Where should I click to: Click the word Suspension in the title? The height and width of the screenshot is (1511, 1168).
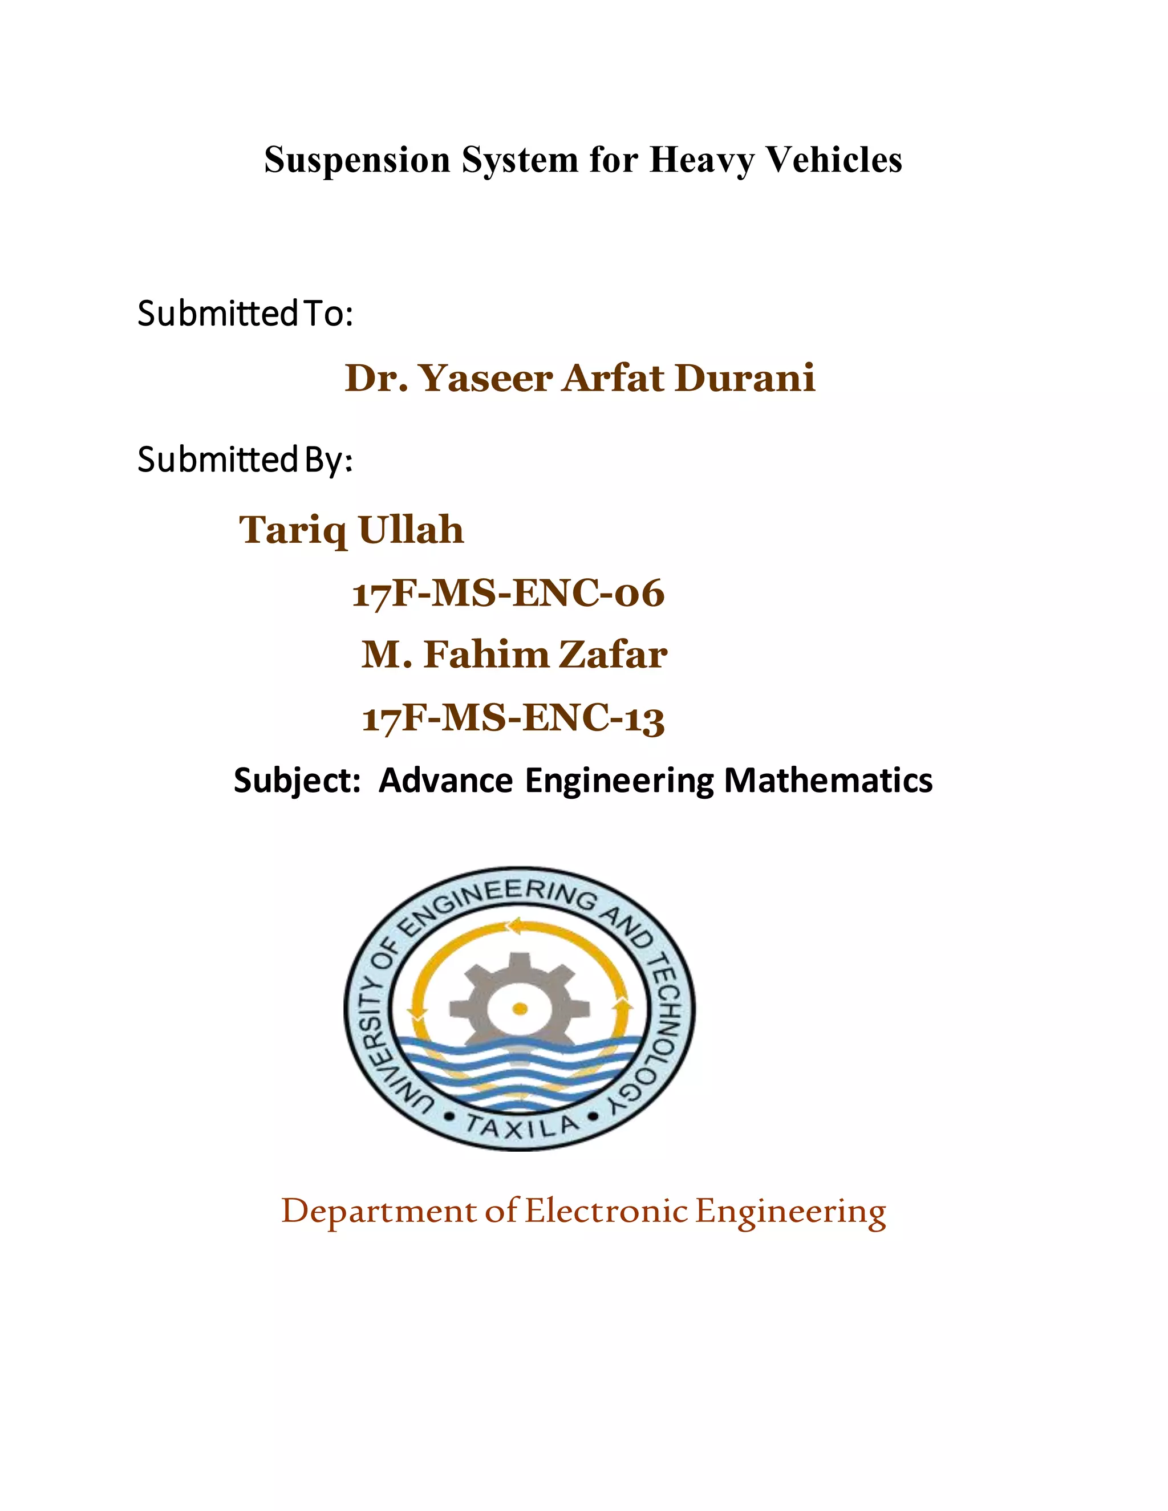pyautogui.click(x=357, y=161)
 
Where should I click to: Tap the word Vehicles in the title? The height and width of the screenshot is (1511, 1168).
pyautogui.click(x=834, y=161)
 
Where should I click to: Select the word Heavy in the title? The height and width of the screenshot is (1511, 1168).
pyautogui.click(x=701, y=161)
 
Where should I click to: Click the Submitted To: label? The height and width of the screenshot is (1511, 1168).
pyautogui.click(x=246, y=314)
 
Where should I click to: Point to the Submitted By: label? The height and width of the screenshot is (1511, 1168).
pyautogui.click(x=246, y=460)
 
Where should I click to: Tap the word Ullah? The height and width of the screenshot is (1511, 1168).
pyautogui.click(x=411, y=531)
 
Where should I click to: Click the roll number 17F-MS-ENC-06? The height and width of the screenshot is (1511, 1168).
pyautogui.click(x=508, y=594)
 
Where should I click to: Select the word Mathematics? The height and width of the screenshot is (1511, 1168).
pyautogui.click(x=828, y=781)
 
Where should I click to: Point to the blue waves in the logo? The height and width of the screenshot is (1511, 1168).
pyautogui.click(x=519, y=1069)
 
